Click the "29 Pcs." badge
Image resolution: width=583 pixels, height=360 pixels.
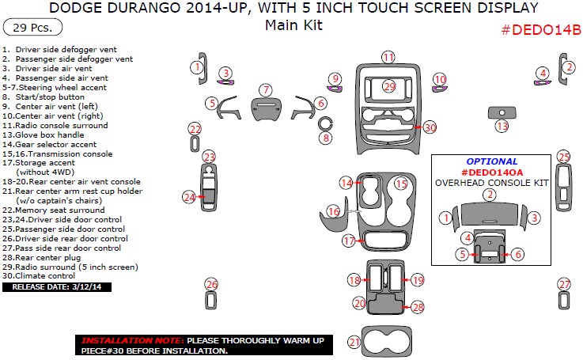click(27, 28)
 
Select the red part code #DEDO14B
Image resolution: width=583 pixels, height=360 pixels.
click(541, 30)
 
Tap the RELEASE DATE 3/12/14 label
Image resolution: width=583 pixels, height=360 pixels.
click(57, 286)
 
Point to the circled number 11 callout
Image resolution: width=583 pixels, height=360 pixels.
click(388, 57)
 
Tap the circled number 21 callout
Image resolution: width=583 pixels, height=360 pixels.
click(354, 342)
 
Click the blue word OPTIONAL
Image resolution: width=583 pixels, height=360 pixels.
click(491, 161)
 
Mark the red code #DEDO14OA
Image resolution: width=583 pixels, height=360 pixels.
click(491, 172)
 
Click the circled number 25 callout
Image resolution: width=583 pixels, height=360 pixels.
click(563, 157)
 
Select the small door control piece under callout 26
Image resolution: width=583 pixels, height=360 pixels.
click(211, 301)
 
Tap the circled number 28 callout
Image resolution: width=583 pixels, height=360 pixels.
click(418, 306)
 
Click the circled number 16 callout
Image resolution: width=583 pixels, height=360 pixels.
click(333, 211)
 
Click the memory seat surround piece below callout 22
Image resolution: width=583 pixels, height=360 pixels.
click(195, 144)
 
